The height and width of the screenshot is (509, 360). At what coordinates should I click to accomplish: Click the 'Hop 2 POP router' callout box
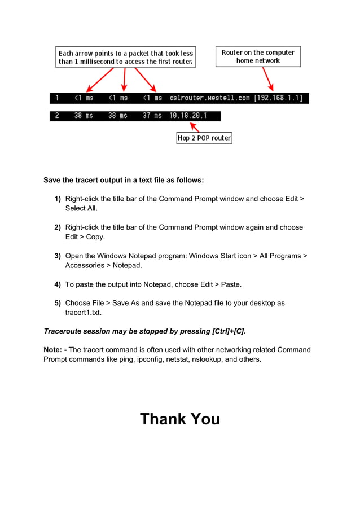point(204,138)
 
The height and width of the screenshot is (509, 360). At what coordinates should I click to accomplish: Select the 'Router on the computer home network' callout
point(258,56)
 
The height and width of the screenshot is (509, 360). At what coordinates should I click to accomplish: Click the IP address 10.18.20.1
point(188,116)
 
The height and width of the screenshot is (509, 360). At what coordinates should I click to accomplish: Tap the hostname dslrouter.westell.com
point(209,98)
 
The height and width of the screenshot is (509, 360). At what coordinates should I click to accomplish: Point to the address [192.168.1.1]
point(278,98)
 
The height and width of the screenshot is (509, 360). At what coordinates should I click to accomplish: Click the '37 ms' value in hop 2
point(152,116)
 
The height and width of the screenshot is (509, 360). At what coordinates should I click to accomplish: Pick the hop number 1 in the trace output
point(56,98)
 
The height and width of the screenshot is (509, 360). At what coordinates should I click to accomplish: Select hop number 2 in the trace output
point(56,116)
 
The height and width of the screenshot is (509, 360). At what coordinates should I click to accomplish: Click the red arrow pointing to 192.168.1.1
point(267,79)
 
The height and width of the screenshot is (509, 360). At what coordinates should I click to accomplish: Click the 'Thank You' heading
point(179,419)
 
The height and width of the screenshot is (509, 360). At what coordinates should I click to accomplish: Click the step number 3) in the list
point(58,256)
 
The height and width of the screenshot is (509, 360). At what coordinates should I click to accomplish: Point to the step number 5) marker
point(58,303)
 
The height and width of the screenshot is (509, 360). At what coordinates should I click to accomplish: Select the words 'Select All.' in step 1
point(81,208)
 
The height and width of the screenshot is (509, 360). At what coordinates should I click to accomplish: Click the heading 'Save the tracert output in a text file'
point(113,181)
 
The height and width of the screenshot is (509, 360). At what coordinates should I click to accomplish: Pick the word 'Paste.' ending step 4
point(231,284)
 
